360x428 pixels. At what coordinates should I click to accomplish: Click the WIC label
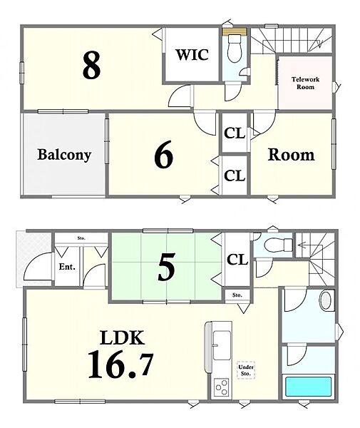pyautogui.click(x=192, y=55)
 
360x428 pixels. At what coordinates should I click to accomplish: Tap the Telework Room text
pyautogui.click(x=305, y=83)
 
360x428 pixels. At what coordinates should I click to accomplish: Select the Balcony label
pyautogui.click(x=64, y=155)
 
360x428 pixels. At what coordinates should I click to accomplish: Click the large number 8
pyautogui.click(x=92, y=66)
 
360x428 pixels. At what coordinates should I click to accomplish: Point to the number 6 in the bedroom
pyautogui.click(x=164, y=154)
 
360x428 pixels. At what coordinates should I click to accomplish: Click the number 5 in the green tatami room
pyautogui.click(x=166, y=267)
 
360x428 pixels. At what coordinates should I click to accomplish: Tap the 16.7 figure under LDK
pyautogui.click(x=120, y=365)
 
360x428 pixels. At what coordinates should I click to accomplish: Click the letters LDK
pyautogui.click(x=122, y=337)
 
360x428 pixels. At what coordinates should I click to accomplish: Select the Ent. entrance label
pyautogui.click(x=67, y=266)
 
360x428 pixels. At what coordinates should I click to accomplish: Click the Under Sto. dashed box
pyautogui.click(x=246, y=370)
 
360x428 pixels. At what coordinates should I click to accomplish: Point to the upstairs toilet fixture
pyautogui.click(x=235, y=48)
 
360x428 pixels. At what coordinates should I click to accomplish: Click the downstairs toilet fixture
pyautogui.click(x=278, y=243)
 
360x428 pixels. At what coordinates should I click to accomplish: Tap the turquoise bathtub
pyautogui.click(x=308, y=386)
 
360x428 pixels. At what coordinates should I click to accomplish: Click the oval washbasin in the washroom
pyautogui.click(x=325, y=300)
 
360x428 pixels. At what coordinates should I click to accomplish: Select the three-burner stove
pyautogui.click(x=221, y=387)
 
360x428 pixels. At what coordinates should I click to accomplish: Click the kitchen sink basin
pyautogui.click(x=222, y=345)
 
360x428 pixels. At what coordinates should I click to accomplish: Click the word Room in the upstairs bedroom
pyautogui.click(x=291, y=155)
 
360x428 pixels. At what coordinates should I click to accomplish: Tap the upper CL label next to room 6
pyautogui.click(x=235, y=133)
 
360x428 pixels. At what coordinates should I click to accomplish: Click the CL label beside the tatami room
pyautogui.click(x=237, y=260)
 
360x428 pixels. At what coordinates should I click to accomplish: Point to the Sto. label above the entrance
pyautogui.click(x=81, y=238)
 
